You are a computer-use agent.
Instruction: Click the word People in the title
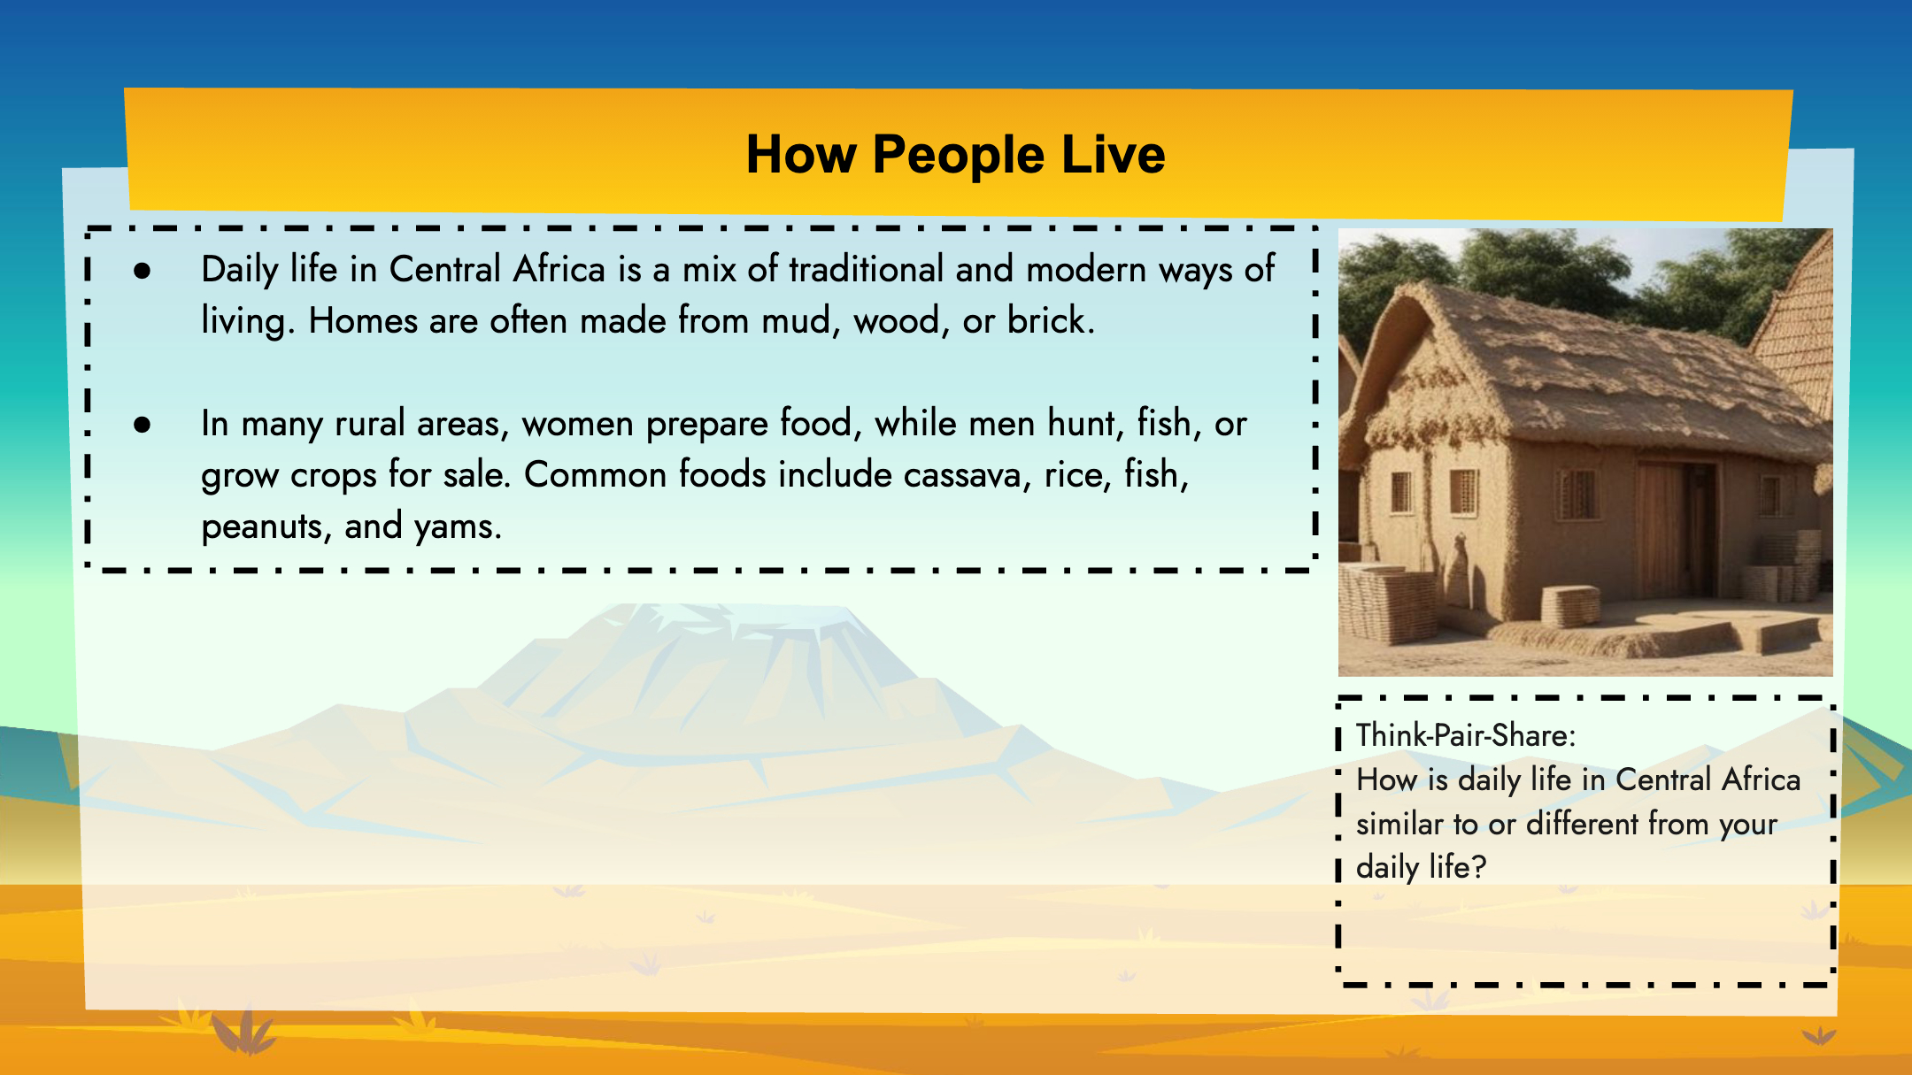tap(958, 156)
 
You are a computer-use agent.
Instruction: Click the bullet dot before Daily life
tap(142, 271)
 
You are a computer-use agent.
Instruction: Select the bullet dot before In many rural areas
tap(142, 425)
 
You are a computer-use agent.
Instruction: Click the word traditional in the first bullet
tap(866, 269)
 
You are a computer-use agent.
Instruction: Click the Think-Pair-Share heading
tap(1466, 735)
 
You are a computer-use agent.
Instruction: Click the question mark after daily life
tap(1478, 867)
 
